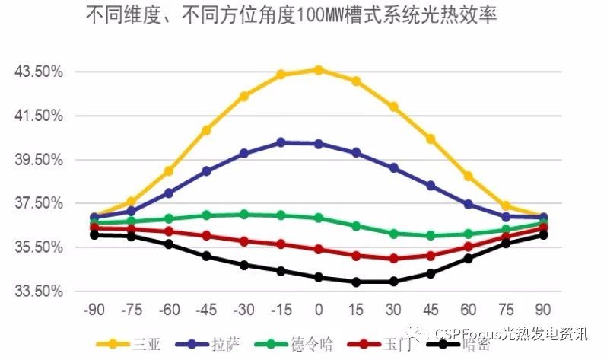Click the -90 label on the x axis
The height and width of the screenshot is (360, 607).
point(94,310)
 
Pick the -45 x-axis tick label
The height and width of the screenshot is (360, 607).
point(205,310)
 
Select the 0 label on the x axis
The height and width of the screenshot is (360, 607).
point(319,310)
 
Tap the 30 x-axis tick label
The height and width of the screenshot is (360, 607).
point(393,310)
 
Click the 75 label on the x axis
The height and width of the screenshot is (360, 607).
point(505,310)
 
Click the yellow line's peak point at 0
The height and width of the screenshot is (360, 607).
point(319,70)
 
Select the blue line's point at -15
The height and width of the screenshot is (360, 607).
point(281,142)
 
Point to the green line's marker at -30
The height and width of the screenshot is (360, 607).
point(243,215)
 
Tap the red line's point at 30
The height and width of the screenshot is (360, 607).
point(393,259)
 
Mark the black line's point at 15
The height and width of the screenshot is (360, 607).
point(356,282)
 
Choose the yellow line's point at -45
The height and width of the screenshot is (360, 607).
point(206,130)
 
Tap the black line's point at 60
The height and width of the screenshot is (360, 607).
point(469,259)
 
